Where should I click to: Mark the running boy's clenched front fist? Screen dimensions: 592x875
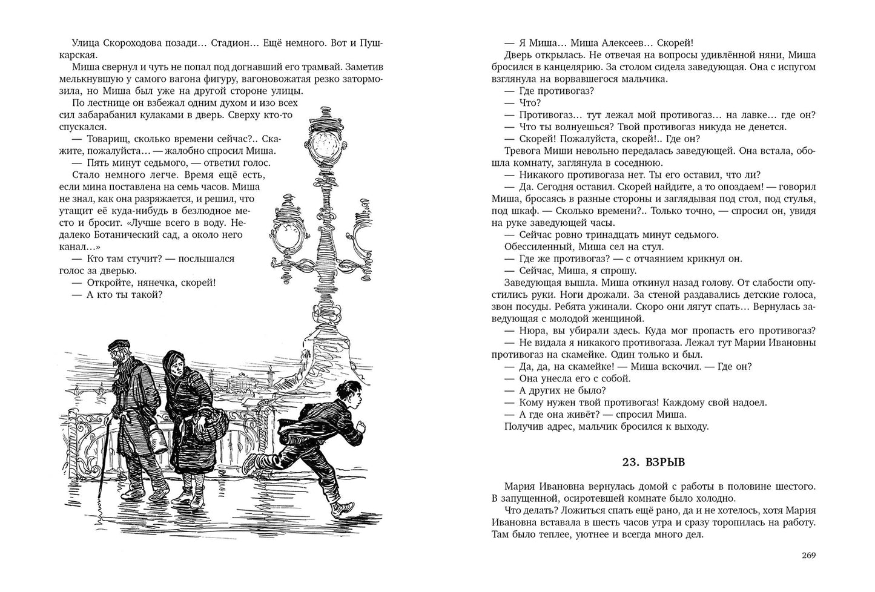coord(362,427)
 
